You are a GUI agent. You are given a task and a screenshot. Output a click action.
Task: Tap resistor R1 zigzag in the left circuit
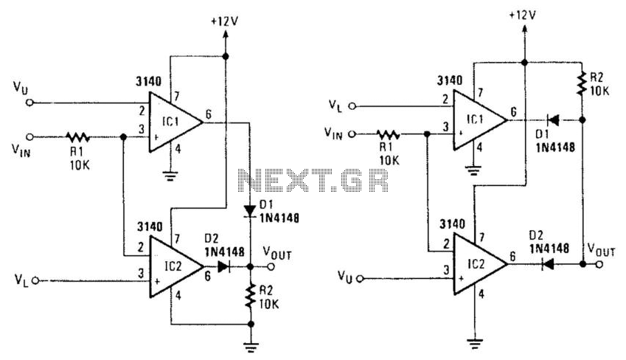[x=78, y=137]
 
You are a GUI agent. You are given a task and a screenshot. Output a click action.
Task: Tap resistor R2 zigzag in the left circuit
[x=251, y=296]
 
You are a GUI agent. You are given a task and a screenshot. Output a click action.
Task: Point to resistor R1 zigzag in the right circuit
[x=388, y=134]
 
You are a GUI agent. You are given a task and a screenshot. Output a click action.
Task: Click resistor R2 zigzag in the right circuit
[x=582, y=83]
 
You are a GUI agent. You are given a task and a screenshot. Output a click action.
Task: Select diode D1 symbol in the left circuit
[x=250, y=210]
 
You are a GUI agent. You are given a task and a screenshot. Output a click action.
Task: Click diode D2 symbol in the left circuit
[x=223, y=266]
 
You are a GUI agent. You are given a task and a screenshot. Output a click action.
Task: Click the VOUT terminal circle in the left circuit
[x=271, y=266]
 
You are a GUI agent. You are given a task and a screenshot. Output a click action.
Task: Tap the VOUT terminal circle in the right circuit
[x=599, y=263]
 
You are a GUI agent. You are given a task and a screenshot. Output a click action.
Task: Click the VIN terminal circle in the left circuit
[x=29, y=137]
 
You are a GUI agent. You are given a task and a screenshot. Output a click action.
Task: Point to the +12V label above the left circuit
[x=225, y=21]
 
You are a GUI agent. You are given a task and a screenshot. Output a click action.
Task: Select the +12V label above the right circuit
[x=523, y=15]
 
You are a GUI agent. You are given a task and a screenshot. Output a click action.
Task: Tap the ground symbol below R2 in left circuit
[x=251, y=347]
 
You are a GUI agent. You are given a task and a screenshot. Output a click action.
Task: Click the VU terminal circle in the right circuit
[x=361, y=278]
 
